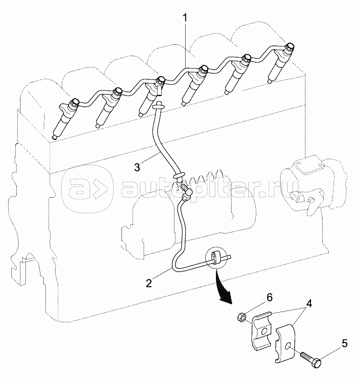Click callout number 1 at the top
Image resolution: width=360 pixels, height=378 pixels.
tap(185, 18)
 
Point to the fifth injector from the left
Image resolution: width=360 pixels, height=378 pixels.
tap(237, 72)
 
